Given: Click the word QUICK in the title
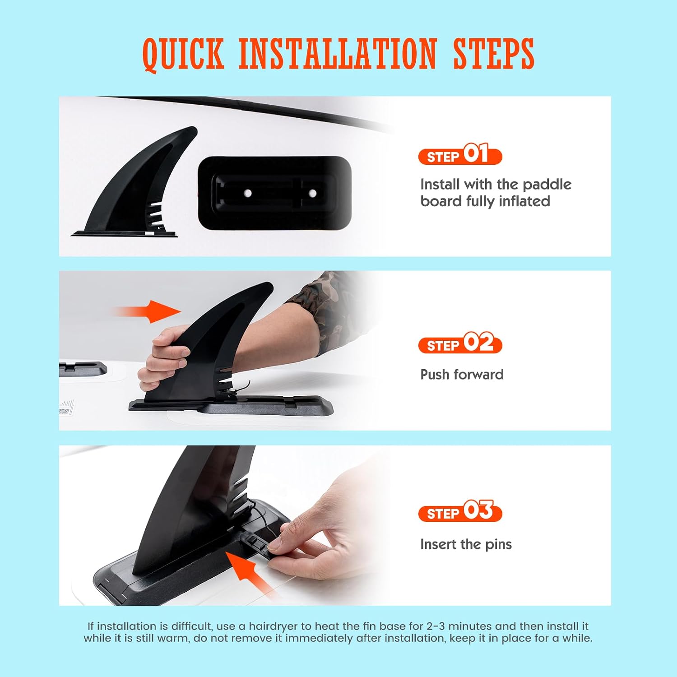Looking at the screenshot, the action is click(x=183, y=54).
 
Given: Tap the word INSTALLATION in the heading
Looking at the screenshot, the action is click(x=338, y=54).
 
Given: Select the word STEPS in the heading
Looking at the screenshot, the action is click(x=494, y=54).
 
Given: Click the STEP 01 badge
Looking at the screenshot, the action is click(x=460, y=154).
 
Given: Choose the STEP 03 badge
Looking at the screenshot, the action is click(x=460, y=511).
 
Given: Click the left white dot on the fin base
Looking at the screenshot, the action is click(x=248, y=193).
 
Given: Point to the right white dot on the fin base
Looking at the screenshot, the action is click(x=312, y=193).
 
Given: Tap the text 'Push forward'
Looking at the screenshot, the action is click(x=462, y=374).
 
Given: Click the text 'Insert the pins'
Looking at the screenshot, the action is click(x=466, y=544).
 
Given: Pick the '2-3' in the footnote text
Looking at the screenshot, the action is click(x=436, y=626).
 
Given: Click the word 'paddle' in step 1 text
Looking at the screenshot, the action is click(x=547, y=184).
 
